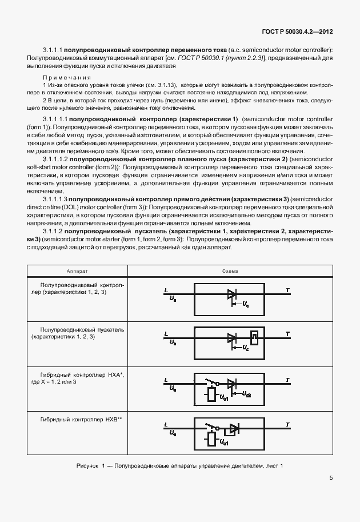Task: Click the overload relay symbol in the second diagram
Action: tap(255, 338)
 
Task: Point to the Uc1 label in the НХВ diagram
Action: tap(224, 442)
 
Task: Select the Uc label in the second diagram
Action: tap(246, 348)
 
